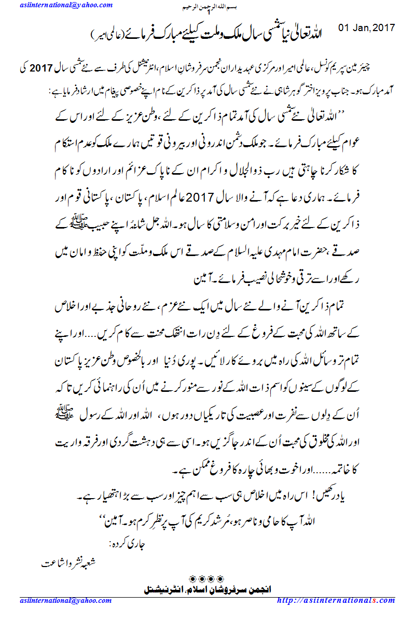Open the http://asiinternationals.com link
pos(336,600)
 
